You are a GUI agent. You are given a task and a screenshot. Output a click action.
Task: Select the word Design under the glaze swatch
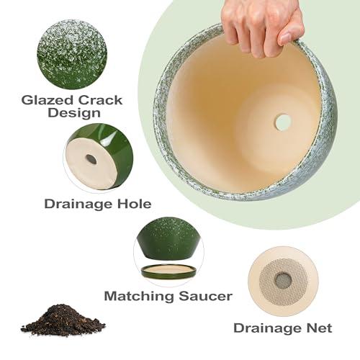[x=72, y=113]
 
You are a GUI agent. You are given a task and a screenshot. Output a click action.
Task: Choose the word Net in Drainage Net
[x=318, y=328]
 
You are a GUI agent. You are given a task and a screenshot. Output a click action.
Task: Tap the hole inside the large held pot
[x=283, y=122]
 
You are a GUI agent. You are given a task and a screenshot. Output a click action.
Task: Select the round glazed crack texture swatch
[x=71, y=54]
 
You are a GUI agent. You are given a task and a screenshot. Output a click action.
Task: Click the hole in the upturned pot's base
[x=91, y=159]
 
